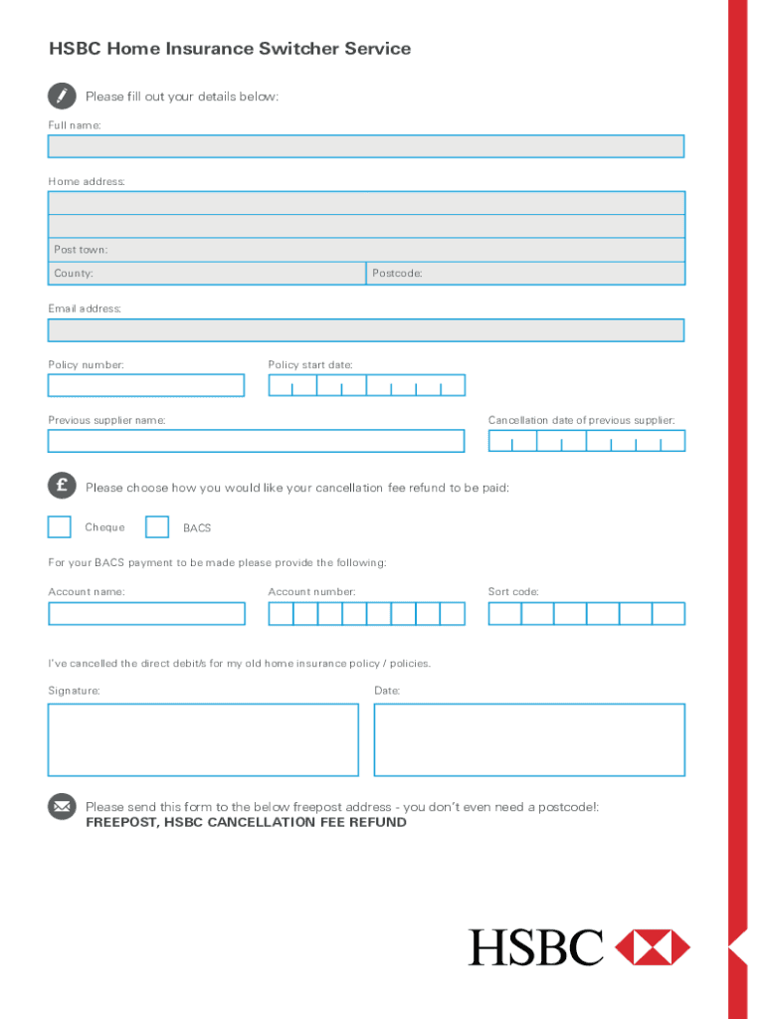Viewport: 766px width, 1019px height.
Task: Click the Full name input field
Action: [x=366, y=146]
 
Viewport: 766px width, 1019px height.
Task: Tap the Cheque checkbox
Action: [x=60, y=526]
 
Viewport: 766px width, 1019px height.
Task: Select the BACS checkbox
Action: [x=157, y=526]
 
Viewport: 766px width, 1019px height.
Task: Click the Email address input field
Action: [x=366, y=330]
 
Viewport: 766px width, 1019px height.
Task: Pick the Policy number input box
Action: [x=146, y=385]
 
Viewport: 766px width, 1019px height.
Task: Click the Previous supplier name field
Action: [x=256, y=441]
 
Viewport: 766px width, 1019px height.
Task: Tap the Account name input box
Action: [x=146, y=613]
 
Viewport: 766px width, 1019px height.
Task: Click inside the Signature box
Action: [x=203, y=739]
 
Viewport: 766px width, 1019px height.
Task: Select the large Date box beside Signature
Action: [x=529, y=739]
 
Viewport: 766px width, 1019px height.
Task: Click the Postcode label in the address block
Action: [x=397, y=274]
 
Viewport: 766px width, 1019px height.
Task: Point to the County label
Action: [x=74, y=274]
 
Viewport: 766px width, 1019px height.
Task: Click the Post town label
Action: [x=81, y=250]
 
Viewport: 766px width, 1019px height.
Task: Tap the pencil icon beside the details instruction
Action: [x=62, y=96]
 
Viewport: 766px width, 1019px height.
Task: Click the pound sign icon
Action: [x=62, y=486]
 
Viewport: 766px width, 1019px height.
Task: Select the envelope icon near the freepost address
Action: [x=62, y=806]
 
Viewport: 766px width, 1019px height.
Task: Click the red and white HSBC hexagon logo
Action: [x=653, y=947]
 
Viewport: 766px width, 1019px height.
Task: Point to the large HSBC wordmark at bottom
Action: [x=536, y=947]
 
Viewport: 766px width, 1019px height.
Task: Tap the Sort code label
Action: [x=513, y=592]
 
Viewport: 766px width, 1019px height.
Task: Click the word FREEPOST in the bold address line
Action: [x=121, y=823]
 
